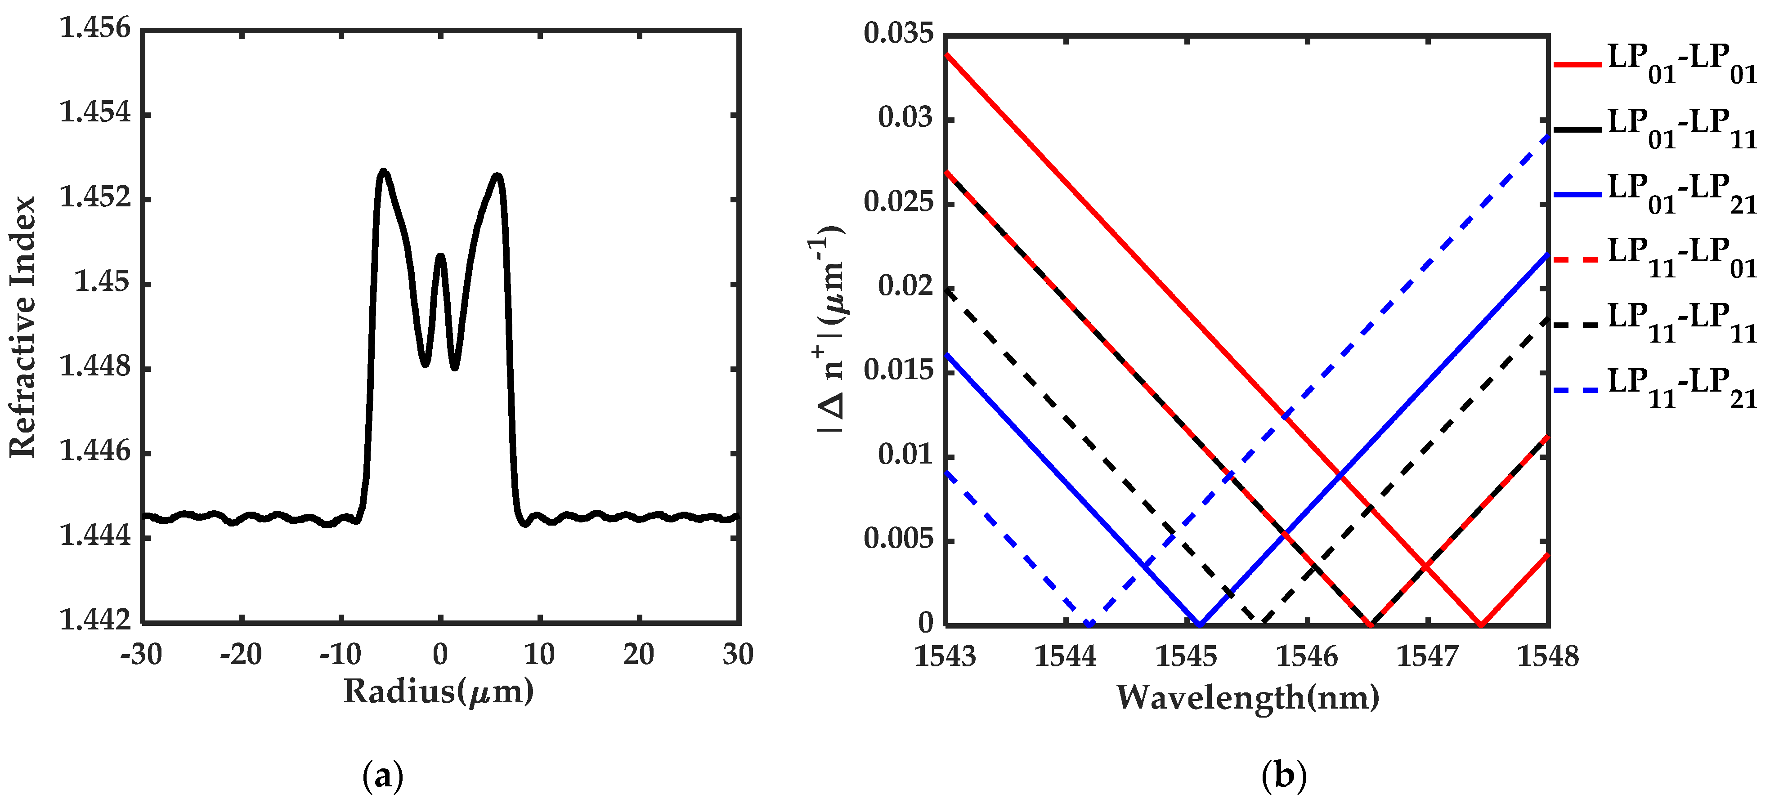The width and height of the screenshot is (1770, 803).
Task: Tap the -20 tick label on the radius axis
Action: (x=241, y=655)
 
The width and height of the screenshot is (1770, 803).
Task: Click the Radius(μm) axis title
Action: (x=439, y=691)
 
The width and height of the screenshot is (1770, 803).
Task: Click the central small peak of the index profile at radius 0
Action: (x=440, y=257)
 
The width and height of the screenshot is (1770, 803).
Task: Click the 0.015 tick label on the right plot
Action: (x=899, y=370)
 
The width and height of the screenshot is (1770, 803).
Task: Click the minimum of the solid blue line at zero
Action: (x=1200, y=624)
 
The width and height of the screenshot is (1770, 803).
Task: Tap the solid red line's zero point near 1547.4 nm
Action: (x=1481, y=624)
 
